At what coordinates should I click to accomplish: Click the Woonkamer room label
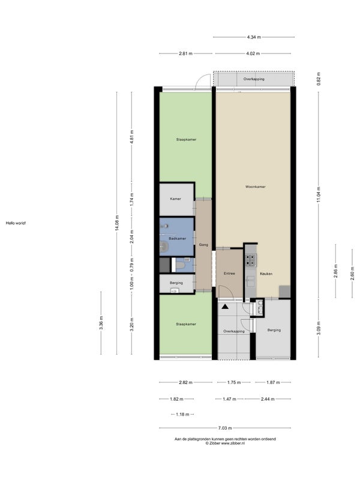(256, 187)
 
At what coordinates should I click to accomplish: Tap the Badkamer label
(177, 238)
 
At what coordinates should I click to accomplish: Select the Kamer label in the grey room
(175, 199)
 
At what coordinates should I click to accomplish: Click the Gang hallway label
(203, 245)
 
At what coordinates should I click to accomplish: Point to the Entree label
(229, 274)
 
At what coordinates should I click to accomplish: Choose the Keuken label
(266, 274)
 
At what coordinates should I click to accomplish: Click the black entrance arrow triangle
(226, 306)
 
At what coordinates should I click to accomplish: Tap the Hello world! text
(16, 223)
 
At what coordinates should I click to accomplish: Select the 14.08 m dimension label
(117, 223)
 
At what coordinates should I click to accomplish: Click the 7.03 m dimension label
(225, 428)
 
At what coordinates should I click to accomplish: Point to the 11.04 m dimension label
(319, 194)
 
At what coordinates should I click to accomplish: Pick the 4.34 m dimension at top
(254, 37)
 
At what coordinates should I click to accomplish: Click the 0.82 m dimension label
(319, 79)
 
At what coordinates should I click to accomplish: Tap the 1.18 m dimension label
(182, 415)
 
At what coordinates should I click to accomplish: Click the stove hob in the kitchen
(250, 260)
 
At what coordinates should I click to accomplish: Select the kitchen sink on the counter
(250, 281)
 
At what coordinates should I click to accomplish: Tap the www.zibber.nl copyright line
(225, 443)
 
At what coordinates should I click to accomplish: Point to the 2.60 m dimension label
(352, 274)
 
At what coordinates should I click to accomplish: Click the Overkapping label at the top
(254, 79)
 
